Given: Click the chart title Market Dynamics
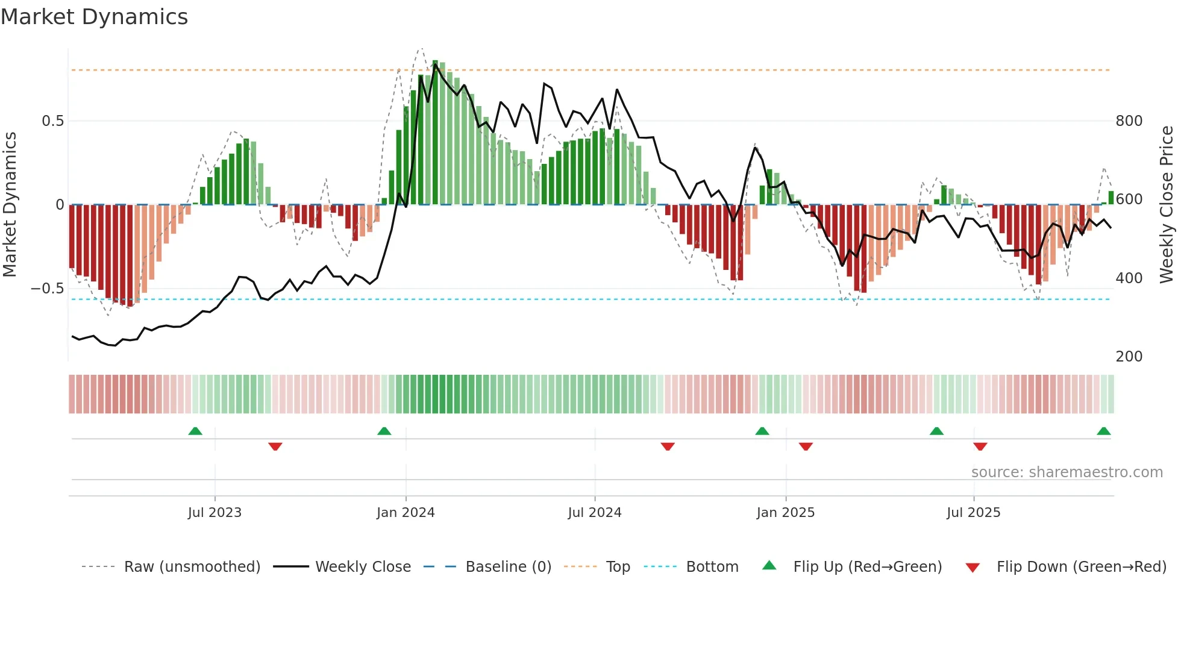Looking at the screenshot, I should (94, 17).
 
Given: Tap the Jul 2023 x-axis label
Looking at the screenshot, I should (215, 513).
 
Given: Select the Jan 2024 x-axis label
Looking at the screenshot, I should (406, 513).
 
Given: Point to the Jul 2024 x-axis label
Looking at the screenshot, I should (595, 513).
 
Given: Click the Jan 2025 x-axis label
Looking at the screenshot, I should (786, 513).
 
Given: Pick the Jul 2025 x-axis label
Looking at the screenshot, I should (974, 513).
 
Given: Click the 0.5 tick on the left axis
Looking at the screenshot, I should (52, 121).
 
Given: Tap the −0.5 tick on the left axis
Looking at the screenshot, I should (48, 289).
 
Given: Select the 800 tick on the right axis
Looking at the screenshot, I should (1129, 121).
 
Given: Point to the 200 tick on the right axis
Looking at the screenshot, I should (1129, 357).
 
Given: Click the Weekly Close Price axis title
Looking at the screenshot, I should (1167, 205).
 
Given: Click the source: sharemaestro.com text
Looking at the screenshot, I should (1067, 472).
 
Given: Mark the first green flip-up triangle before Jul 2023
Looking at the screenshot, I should (195, 431).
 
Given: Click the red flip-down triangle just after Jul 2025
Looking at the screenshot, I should (980, 446).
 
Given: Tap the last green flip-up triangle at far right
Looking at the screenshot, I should (1104, 431).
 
